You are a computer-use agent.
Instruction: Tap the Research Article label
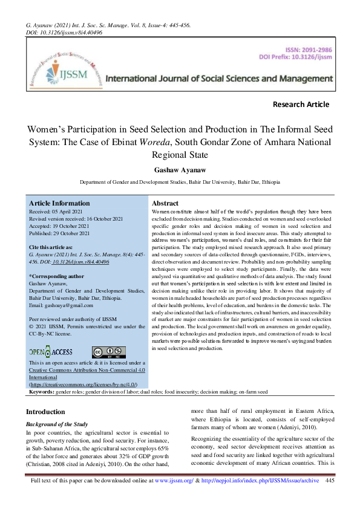(301, 105)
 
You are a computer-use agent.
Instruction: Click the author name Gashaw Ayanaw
(180, 169)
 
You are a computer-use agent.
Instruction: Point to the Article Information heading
(59, 204)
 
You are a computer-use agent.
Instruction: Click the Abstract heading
(165, 204)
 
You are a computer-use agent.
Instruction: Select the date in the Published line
(73, 233)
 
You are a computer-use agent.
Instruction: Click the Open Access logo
(51, 352)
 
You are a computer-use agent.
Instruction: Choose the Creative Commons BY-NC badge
(109, 352)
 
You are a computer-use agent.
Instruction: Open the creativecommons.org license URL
(83, 384)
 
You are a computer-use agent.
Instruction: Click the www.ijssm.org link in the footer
(174, 498)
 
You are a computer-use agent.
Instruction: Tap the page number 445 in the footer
(330, 498)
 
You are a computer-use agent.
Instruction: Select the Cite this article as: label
(51, 248)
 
